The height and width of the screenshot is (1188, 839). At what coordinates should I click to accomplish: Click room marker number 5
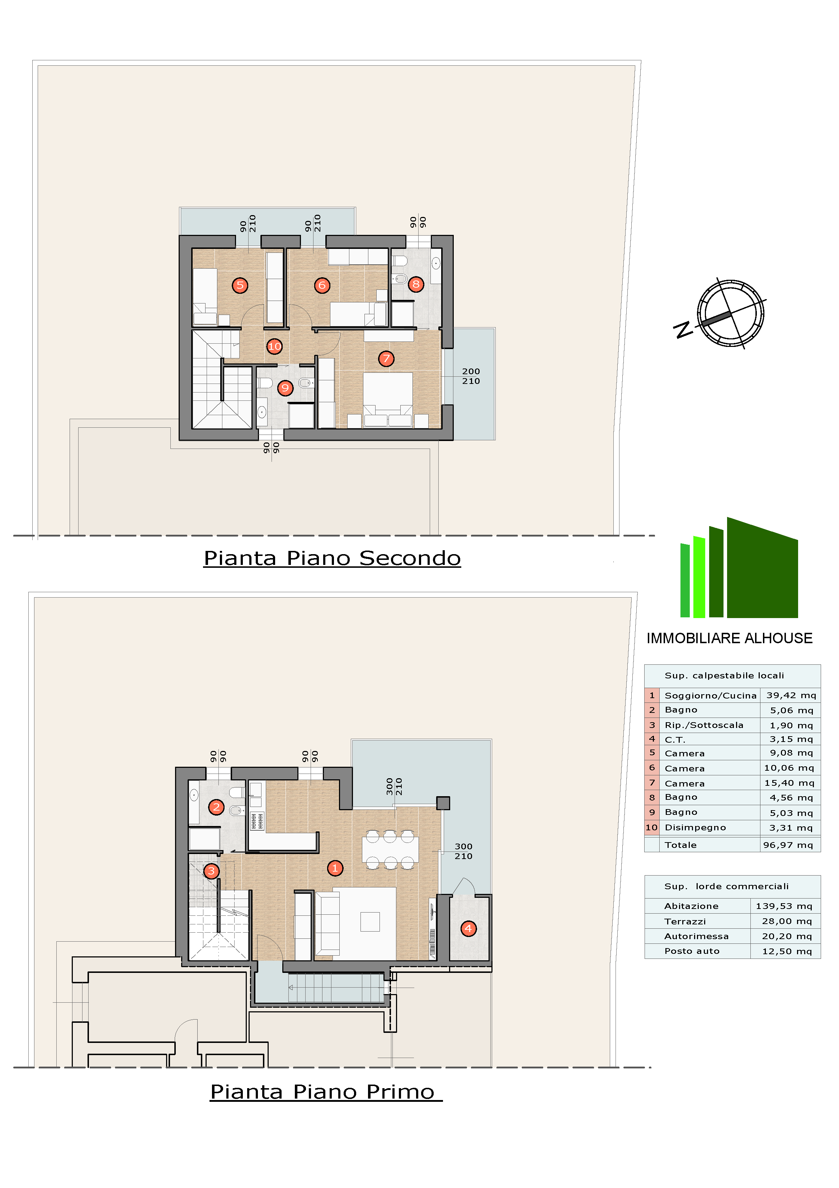coord(240,285)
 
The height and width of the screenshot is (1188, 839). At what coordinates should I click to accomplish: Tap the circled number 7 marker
coord(386,358)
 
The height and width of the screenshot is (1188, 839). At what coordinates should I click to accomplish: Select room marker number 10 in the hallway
coord(274,346)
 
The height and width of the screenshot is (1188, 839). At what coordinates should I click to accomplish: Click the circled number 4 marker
coord(468,928)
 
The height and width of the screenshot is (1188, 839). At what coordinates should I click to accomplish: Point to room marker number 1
coord(335,868)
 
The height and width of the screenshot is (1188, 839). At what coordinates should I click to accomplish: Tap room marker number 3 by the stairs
coord(211,871)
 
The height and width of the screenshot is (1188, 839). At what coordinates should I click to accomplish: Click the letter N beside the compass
coord(683,329)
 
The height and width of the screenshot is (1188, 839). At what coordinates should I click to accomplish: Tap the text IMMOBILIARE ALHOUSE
coord(729,638)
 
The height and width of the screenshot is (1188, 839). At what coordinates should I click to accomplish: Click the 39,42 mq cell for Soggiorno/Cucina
coord(791,695)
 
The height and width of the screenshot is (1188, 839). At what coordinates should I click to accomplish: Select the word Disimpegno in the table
coord(695,827)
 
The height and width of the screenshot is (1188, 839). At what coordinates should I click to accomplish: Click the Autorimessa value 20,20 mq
coord(787,936)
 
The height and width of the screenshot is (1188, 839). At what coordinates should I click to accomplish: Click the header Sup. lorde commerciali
coord(726,886)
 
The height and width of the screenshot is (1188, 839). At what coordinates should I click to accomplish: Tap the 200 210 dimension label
coord(470,376)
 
